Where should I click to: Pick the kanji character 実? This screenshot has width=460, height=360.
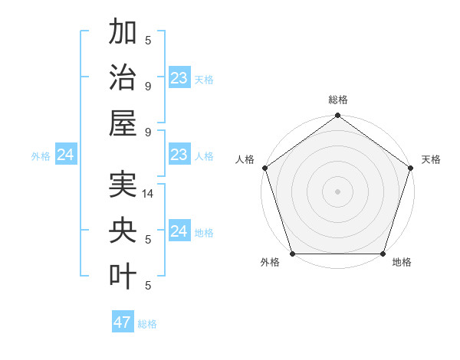click(x=123, y=186)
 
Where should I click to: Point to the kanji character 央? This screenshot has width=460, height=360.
click(x=123, y=231)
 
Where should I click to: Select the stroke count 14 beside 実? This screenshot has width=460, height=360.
click(x=149, y=195)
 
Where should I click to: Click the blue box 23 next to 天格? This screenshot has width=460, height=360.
click(x=179, y=78)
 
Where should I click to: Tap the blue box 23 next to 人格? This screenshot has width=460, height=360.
click(x=179, y=155)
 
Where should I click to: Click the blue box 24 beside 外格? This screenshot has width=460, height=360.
click(x=66, y=155)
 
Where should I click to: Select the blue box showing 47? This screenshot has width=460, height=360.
click(x=123, y=322)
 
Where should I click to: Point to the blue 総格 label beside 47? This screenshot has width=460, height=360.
click(x=148, y=324)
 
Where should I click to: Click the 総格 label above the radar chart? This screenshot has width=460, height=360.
click(x=338, y=100)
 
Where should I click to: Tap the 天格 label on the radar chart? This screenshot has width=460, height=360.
click(x=432, y=159)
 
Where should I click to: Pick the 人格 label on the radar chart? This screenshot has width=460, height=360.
click(x=245, y=159)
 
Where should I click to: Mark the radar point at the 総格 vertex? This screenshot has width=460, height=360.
click(x=338, y=116)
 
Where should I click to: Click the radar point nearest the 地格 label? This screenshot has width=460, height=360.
click(x=383, y=254)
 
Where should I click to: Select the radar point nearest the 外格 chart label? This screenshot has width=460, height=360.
click(x=293, y=254)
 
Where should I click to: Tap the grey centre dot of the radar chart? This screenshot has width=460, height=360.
click(x=338, y=191)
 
